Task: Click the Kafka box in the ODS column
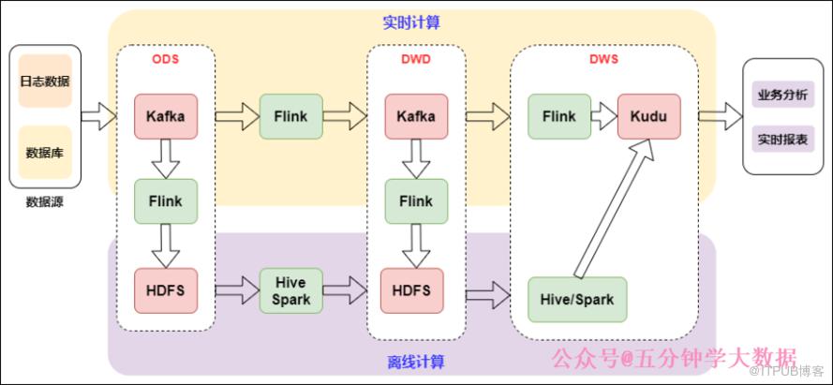pos(166,116)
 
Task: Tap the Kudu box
pos(648,116)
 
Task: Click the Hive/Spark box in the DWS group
pos(577,299)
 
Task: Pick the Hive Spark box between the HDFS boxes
pos(291,290)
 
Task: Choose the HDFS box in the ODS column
pos(166,290)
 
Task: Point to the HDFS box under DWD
pos(411,290)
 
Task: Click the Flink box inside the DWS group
pos(559,116)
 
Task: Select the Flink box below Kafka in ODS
pos(166,201)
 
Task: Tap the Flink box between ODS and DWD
pos(291,116)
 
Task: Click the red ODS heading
pos(166,59)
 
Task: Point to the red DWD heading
pos(416,59)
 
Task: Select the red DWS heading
pos(603,59)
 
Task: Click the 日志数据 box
pos(45,81)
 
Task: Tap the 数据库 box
pos(45,153)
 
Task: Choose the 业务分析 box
pos(783,95)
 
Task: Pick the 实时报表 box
pos(783,140)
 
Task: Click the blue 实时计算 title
pos(411,22)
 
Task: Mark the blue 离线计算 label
pos(416,363)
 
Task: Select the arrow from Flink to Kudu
pos(604,116)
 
